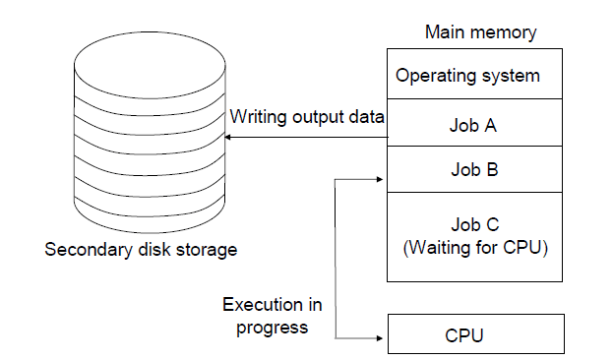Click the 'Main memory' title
click(x=480, y=32)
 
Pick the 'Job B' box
click(x=474, y=169)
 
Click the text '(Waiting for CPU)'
click(x=474, y=248)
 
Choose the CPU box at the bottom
click(x=474, y=335)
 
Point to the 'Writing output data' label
click(x=306, y=117)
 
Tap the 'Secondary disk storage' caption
click(x=141, y=249)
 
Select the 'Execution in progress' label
click(x=272, y=315)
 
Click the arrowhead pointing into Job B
click(x=381, y=180)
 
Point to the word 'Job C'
click(x=474, y=224)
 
